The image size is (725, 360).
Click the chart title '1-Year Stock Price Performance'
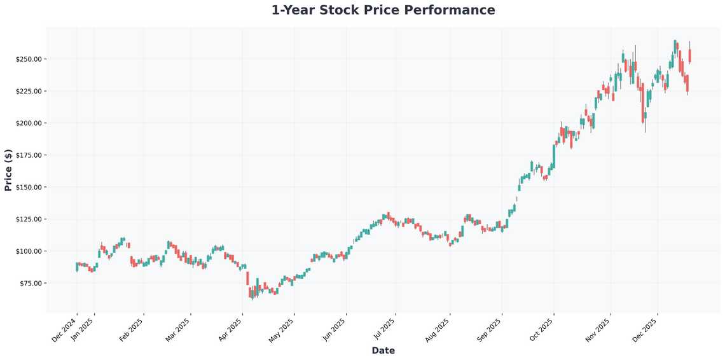coord(383,10)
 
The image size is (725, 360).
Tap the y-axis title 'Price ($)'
coord(8,170)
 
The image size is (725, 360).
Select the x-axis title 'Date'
coord(383,350)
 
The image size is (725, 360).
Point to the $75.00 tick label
coord(30,283)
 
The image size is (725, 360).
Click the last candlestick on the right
coord(690,57)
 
